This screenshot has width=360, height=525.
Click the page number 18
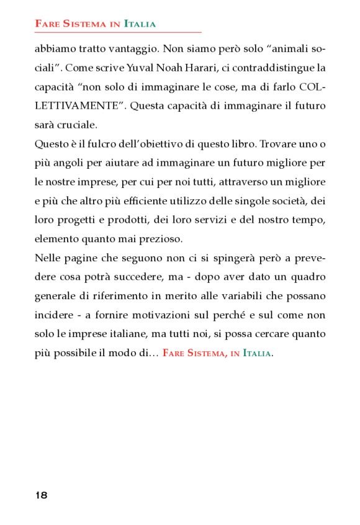click(x=42, y=495)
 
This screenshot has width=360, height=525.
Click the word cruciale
click(x=74, y=124)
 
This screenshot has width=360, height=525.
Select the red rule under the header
click(x=118, y=32)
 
